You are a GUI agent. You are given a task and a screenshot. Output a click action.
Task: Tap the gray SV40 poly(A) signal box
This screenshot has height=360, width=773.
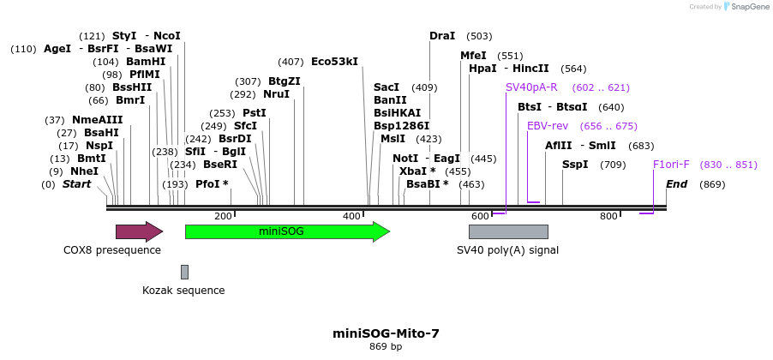click(508, 231)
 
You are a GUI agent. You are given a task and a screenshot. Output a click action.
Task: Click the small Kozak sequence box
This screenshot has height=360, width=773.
click(184, 272)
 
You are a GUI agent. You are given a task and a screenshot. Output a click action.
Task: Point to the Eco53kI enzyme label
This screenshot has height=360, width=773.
click(334, 62)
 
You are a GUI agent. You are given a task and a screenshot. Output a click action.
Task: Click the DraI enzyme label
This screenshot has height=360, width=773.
click(442, 36)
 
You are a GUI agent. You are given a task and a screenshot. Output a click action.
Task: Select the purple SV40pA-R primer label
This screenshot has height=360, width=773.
click(531, 87)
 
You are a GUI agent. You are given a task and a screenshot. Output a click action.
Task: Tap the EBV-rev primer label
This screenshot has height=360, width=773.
click(548, 126)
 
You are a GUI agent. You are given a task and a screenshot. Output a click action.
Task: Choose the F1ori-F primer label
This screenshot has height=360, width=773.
click(671, 165)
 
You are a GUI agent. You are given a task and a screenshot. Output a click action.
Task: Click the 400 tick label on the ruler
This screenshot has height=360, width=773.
click(351, 217)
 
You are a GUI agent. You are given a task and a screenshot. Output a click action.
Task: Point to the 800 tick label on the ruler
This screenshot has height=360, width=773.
click(608, 217)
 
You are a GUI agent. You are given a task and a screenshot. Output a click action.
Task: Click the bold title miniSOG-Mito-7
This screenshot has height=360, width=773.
click(386, 333)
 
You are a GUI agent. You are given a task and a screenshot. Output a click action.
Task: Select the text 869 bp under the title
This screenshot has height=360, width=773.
click(386, 347)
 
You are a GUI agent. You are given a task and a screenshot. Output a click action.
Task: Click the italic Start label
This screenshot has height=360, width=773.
click(77, 184)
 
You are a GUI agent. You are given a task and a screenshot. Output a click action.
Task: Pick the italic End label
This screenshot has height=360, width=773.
click(676, 184)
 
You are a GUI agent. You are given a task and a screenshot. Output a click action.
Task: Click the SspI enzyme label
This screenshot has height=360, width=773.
click(575, 165)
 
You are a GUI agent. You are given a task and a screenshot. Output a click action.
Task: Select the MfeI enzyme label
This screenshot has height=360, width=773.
click(473, 56)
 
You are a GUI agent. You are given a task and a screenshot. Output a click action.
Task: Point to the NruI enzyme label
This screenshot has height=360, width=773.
click(277, 94)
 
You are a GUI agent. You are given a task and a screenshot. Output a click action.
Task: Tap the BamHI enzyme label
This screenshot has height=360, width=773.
click(146, 62)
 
